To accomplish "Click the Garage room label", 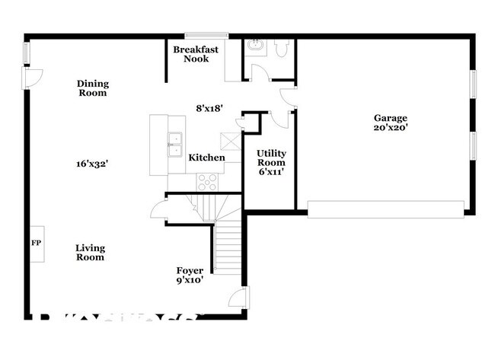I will click(390, 118).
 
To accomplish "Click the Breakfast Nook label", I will click(196, 54).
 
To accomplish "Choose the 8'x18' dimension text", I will click(209, 108).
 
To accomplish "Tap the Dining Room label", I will click(92, 88).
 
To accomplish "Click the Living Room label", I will click(90, 253).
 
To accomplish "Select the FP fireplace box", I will click(35, 244).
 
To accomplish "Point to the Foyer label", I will click(190, 270).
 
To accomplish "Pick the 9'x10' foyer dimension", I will click(190, 280).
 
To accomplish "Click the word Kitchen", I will click(206, 158).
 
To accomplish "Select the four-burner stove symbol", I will click(207, 181).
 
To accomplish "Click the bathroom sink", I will click(255, 46).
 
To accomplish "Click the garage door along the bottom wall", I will click(385, 208).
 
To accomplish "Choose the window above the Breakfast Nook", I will click(207, 34).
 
